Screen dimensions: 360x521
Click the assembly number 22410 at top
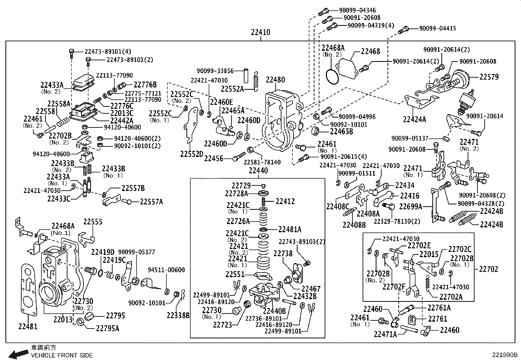(x=260, y=32)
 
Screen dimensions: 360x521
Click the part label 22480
(x=275, y=80)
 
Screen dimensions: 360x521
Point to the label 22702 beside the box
(x=488, y=269)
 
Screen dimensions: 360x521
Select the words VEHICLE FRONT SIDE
(x=62, y=355)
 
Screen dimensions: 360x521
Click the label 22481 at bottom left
(x=28, y=326)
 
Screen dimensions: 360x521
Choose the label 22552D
(x=191, y=154)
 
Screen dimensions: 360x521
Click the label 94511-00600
(x=166, y=270)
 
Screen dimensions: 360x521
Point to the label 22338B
(x=178, y=315)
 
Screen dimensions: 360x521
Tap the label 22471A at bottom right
(x=385, y=334)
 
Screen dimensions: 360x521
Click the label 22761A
(x=439, y=308)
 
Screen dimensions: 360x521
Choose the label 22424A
(x=414, y=119)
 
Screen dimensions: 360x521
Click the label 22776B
(x=145, y=85)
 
